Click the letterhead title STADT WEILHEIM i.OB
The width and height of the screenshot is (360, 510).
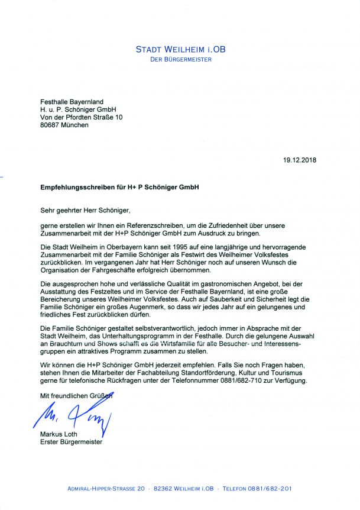tap(180, 49)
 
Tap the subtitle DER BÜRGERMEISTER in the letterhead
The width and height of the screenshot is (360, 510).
tap(180, 60)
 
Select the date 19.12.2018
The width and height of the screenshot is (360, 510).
tap(299, 159)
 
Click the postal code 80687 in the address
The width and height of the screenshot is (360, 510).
tap(51, 125)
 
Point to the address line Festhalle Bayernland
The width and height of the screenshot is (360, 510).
tap(72, 102)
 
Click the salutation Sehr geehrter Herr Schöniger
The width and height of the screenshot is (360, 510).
tap(85, 210)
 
